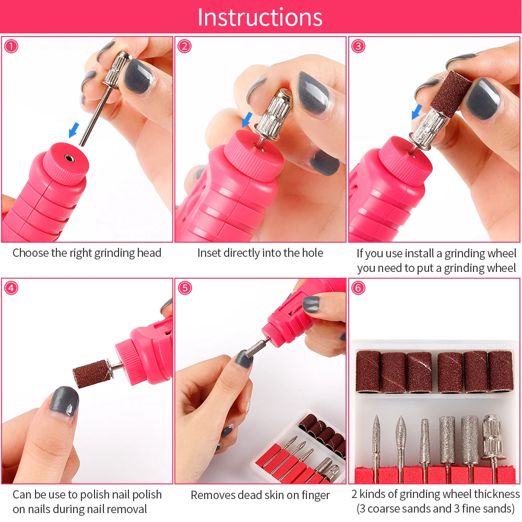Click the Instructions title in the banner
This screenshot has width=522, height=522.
[260, 17]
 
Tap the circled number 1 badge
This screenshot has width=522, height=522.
[11, 46]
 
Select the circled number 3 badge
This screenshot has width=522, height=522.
[358, 46]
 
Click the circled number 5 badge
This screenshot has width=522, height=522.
[185, 288]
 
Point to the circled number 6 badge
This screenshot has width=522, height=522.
[358, 288]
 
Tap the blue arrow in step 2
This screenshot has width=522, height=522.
[247, 120]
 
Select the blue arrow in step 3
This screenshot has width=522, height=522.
[417, 112]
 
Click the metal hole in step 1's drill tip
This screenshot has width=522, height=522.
[69, 158]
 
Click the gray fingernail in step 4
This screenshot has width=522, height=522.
[64, 402]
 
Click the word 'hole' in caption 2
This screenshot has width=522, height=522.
[312, 253]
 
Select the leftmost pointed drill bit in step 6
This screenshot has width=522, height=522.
[376, 446]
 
